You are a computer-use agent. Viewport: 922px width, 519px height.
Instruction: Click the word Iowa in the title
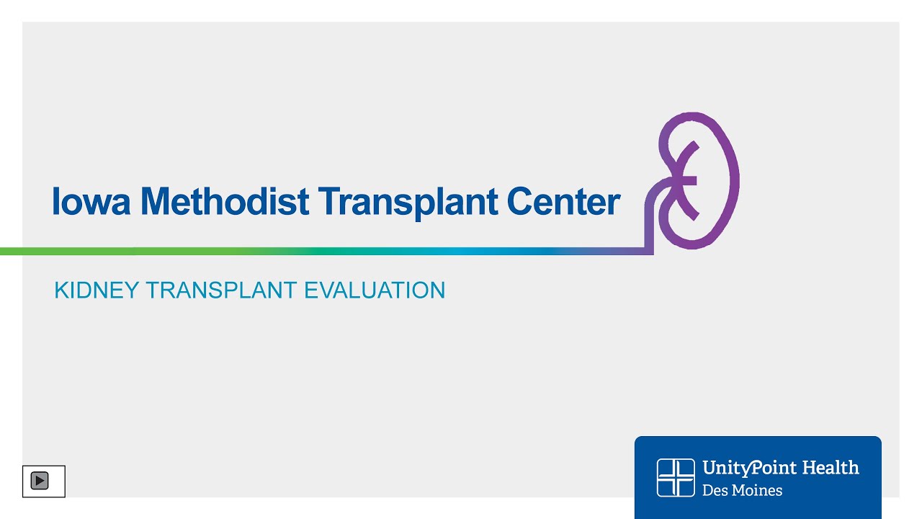pyautogui.click(x=91, y=201)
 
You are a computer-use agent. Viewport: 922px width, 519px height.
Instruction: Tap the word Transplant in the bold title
pyautogui.click(x=408, y=203)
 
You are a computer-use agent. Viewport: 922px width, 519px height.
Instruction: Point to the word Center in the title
pyautogui.click(x=564, y=201)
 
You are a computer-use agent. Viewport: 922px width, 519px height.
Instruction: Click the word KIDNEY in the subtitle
pyautogui.click(x=97, y=290)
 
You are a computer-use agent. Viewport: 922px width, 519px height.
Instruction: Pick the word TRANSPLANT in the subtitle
pyautogui.click(x=221, y=290)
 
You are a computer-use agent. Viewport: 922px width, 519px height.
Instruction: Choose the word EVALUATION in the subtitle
pyautogui.click(x=375, y=290)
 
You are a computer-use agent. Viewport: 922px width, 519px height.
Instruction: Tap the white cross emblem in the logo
pyautogui.click(x=676, y=478)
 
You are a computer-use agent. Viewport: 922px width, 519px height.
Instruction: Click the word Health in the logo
pyautogui.click(x=831, y=468)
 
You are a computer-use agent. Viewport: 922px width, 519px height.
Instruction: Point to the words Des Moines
pyautogui.click(x=742, y=490)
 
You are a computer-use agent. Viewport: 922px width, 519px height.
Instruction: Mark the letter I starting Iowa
pyautogui.click(x=56, y=201)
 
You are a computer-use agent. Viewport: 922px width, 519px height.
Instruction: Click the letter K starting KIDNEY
pyautogui.click(x=62, y=290)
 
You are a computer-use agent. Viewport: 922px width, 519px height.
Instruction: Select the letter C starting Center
pyautogui.click(x=520, y=201)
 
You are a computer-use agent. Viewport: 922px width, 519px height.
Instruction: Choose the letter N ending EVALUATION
pyautogui.click(x=438, y=290)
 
